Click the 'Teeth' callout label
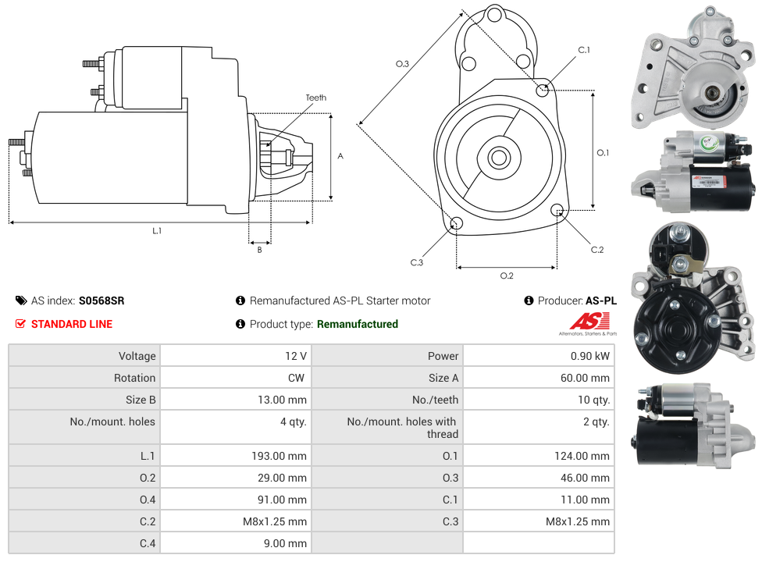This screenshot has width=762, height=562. click(x=315, y=98)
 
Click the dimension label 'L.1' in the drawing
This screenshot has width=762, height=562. click(x=157, y=230)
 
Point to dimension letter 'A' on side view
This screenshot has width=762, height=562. click(x=340, y=156)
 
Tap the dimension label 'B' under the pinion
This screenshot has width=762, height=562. click(x=259, y=250)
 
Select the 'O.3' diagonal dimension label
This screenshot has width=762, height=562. click(x=402, y=64)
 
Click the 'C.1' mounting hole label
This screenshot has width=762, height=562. click(x=583, y=50)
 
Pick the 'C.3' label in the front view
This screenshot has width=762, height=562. click(x=416, y=262)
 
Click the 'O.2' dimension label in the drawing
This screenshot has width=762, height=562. click(x=506, y=276)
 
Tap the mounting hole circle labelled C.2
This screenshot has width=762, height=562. click(x=557, y=210)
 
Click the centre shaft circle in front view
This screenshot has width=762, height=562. click(x=498, y=158)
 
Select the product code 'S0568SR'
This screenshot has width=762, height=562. click(x=101, y=301)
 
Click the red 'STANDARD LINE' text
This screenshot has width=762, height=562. click(x=71, y=324)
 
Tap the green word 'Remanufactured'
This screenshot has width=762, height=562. click(x=357, y=324)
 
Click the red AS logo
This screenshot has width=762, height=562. click(x=583, y=322)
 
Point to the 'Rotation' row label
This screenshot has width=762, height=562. click(x=134, y=378)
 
